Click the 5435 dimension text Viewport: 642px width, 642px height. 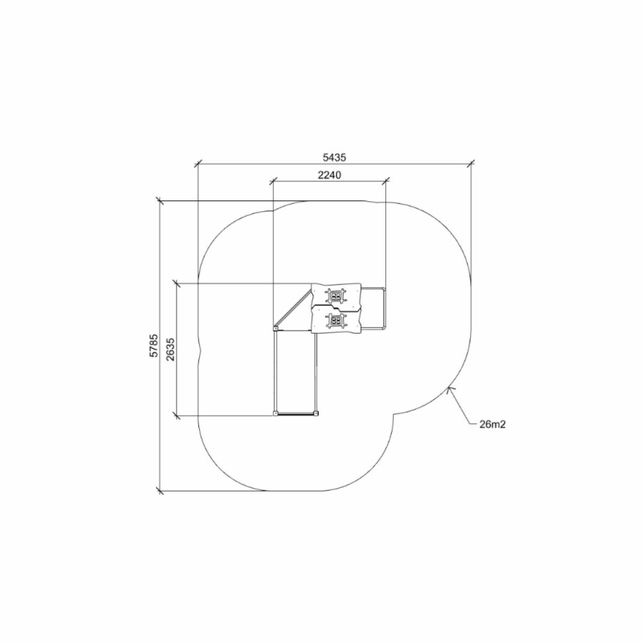[335, 157]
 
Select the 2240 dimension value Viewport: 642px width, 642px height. [330, 175]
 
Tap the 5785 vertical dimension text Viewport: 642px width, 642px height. [153, 346]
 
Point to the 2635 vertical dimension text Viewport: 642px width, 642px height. [170, 350]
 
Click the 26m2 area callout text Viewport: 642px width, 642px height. [492, 424]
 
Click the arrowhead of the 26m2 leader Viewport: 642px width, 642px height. [449, 389]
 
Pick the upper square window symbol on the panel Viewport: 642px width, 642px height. [336, 295]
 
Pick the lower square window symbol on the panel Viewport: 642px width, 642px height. [336, 320]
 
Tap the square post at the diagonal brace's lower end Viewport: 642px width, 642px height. [275, 328]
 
